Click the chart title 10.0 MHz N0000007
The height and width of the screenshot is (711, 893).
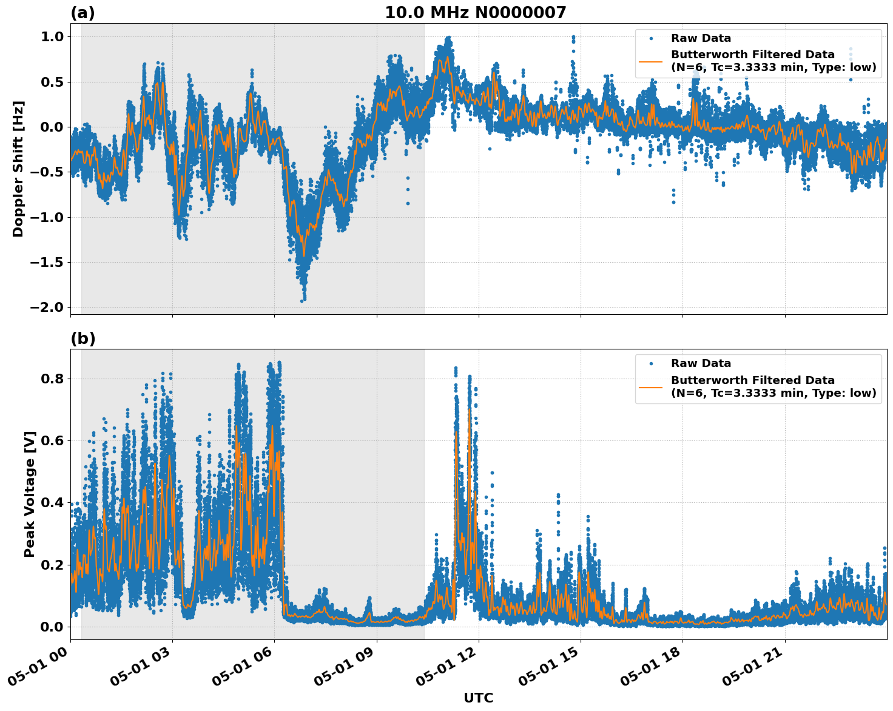[475, 13]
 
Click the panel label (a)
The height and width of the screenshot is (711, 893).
[83, 13]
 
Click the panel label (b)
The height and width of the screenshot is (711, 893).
[83, 339]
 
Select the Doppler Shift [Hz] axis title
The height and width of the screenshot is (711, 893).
[18, 169]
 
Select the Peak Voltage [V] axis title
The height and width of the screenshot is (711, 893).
[30, 494]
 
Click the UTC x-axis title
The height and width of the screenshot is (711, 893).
[478, 698]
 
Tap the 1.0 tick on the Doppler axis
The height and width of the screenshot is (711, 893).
[52, 36]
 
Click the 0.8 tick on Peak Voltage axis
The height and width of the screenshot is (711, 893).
[52, 379]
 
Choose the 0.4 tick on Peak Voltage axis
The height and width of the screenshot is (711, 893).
[52, 503]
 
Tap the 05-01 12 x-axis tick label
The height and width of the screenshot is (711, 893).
[446, 670]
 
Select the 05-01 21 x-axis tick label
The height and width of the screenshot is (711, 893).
[752, 670]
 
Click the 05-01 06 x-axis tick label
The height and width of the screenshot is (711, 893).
[242, 670]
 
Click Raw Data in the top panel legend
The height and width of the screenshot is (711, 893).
[701, 38]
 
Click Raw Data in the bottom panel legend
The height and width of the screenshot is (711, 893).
[701, 363]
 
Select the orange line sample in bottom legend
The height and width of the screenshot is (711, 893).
[650, 386]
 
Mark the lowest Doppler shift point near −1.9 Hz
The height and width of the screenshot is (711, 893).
[302, 300]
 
